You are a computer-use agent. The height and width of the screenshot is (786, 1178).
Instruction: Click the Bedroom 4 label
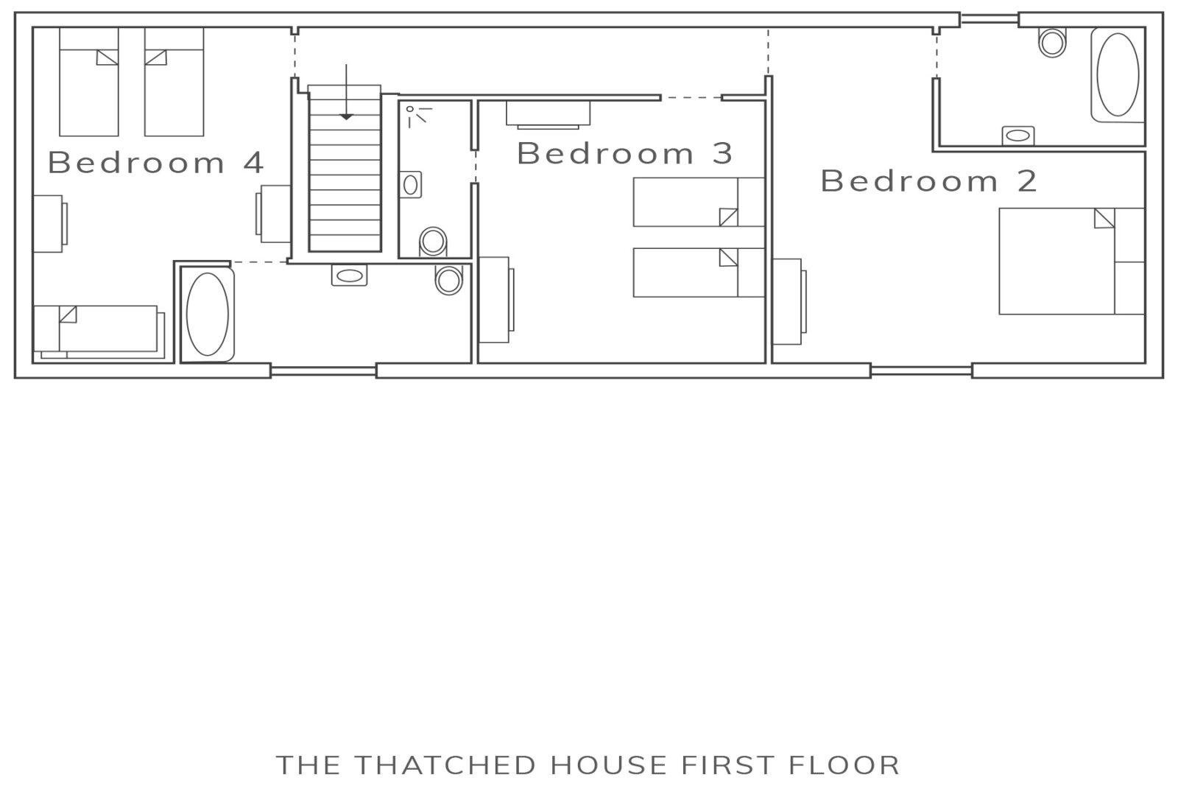[x=155, y=162]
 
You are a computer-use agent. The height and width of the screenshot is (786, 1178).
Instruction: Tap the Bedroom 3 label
[x=625, y=153]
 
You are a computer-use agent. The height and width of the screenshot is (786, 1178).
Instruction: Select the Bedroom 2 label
[x=928, y=181]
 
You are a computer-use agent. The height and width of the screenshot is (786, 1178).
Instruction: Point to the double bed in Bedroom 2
[x=1072, y=261]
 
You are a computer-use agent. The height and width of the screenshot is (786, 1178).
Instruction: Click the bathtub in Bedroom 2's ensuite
[x=1118, y=74]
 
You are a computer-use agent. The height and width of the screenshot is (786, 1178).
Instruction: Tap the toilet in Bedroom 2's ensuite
[x=1052, y=42]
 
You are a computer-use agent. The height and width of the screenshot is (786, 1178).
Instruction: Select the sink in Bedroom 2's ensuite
[x=1017, y=136]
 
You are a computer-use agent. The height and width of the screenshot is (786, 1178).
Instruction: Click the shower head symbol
[x=418, y=116]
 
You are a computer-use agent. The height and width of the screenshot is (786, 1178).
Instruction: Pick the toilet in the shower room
[x=433, y=242]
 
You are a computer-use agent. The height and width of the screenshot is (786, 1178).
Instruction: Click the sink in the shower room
[x=410, y=185]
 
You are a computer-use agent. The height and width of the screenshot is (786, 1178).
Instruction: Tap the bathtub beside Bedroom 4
[x=207, y=314]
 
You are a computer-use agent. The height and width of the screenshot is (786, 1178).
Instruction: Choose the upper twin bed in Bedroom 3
[x=699, y=202]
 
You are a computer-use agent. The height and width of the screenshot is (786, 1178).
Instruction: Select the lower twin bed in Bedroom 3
[x=699, y=273]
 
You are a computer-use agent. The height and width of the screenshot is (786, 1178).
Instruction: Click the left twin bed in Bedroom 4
[x=89, y=82]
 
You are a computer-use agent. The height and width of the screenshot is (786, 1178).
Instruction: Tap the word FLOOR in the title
[x=844, y=765]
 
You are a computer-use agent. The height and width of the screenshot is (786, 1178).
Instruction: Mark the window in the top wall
[x=990, y=20]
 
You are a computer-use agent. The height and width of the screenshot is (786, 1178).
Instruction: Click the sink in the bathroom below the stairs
[x=349, y=276]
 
